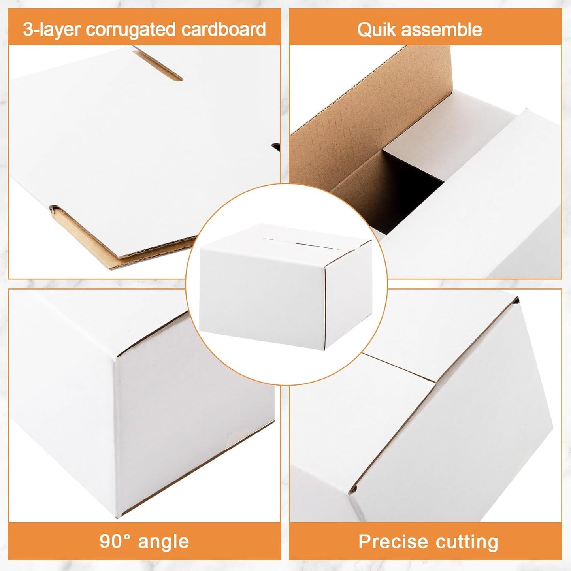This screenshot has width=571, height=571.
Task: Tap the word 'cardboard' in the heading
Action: click(223, 29)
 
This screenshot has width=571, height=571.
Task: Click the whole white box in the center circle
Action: click(285, 286)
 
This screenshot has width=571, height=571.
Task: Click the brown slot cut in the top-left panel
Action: click(157, 65)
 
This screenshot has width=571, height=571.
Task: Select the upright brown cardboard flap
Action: click(370, 119)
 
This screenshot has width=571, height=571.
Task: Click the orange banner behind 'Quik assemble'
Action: click(426, 26)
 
